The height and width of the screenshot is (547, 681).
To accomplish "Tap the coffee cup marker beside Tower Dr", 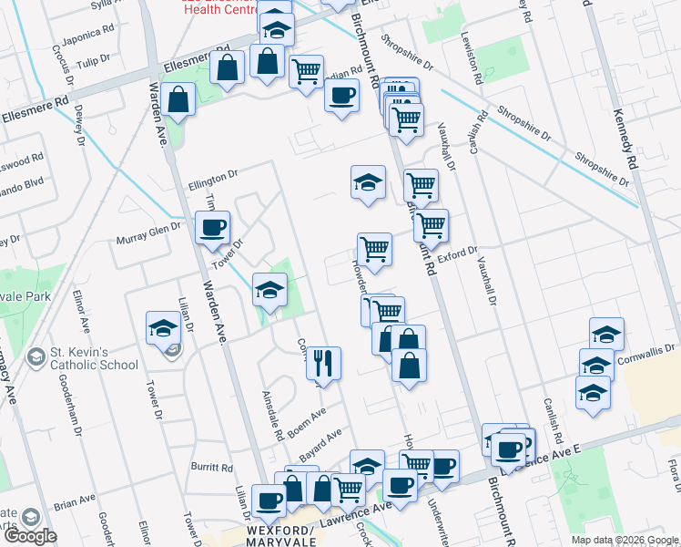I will (x=212, y=228).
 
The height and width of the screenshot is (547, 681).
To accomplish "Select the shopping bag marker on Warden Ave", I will (x=180, y=99).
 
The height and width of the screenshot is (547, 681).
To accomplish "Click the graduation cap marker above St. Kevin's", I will (x=163, y=327).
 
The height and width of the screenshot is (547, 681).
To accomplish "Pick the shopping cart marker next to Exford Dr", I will (x=431, y=225).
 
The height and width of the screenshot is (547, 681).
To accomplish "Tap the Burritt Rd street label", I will (x=213, y=467).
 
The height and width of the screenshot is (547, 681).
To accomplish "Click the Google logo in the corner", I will (x=29, y=535).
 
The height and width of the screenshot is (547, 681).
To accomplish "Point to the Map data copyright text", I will (x=625, y=540).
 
